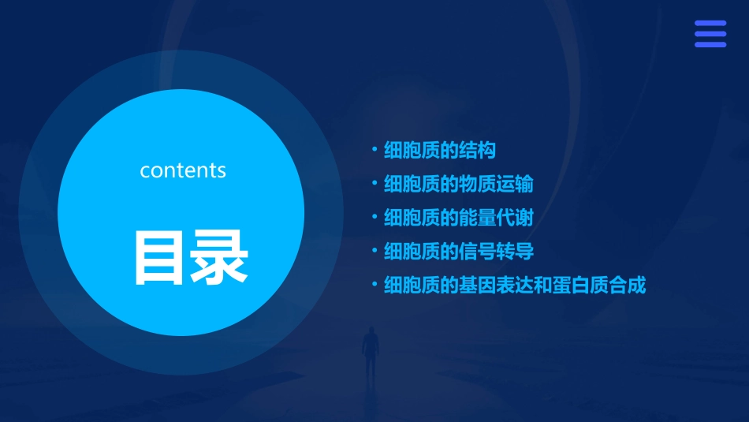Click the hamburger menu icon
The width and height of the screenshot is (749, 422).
point(710,34)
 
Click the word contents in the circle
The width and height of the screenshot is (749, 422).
point(183,170)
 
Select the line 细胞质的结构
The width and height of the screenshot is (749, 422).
point(439,150)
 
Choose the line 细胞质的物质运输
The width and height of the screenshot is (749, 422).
point(458,184)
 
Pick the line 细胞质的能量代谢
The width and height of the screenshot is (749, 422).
point(458,218)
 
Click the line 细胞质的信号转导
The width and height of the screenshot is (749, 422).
point(458,252)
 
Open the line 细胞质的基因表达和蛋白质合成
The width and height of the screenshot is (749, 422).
point(514,286)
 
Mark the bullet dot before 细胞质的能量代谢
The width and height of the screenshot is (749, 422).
point(374,216)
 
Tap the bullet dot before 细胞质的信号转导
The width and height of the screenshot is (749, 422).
point(374,250)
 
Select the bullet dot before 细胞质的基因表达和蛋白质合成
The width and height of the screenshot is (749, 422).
point(374,284)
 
